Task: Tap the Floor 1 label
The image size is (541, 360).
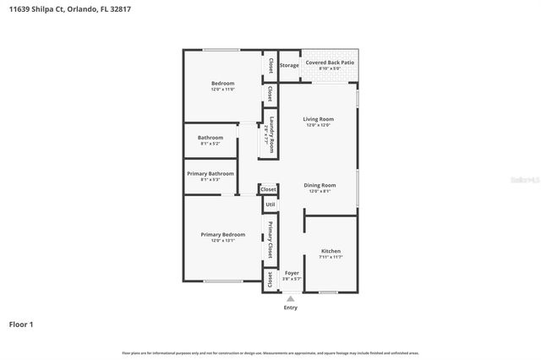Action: [x=20, y=324]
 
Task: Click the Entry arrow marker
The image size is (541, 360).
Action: [x=291, y=298]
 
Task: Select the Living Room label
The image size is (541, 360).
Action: [x=319, y=119]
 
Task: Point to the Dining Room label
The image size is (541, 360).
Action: [x=320, y=185]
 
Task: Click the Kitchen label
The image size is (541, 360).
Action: [x=331, y=251]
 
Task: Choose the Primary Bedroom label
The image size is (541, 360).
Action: [x=222, y=234]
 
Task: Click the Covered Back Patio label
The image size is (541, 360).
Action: [x=329, y=63]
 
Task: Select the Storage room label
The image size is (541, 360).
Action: [x=290, y=64]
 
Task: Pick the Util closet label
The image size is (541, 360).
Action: [x=270, y=205]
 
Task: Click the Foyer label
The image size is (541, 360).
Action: [x=292, y=272]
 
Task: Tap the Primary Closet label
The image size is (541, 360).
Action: [x=270, y=239]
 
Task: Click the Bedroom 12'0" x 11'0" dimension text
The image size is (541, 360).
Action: [x=222, y=89]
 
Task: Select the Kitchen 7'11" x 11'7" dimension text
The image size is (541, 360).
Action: [x=331, y=257]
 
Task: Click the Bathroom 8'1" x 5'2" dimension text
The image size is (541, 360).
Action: [x=210, y=144]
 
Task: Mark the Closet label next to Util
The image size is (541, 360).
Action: [x=269, y=189]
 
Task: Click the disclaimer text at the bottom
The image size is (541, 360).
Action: [x=270, y=352]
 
